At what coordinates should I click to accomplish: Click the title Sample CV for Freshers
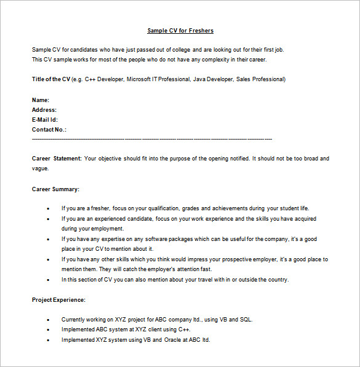(180, 30)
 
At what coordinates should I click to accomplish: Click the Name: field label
(41, 100)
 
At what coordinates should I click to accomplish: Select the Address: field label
(44, 110)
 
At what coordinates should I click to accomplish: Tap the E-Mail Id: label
(45, 120)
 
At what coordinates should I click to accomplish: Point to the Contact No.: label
(49, 130)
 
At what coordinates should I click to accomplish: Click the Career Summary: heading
(55, 189)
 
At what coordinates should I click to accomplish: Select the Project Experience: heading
(58, 299)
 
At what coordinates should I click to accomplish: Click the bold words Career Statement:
(57, 159)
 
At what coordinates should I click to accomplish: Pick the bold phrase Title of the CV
(51, 79)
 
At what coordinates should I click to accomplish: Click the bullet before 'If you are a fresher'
(48, 209)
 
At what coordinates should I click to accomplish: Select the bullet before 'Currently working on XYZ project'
(48, 320)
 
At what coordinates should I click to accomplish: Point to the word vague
(40, 168)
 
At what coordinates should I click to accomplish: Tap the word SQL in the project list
(245, 320)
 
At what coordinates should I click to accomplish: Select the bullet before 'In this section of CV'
(48, 280)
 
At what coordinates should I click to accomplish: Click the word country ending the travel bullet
(276, 280)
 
